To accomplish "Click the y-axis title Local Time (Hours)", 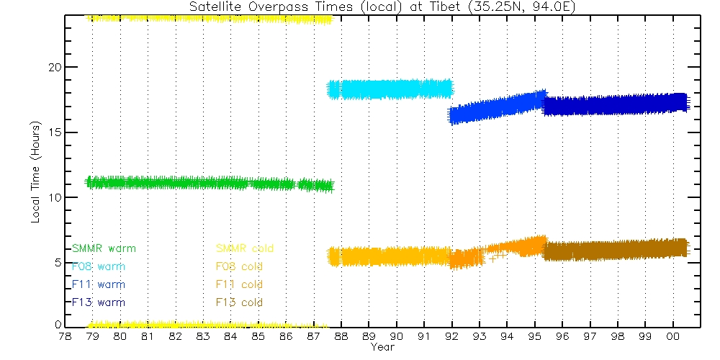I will (x=35, y=172).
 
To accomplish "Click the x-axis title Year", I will (x=382, y=347).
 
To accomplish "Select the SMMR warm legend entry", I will (x=104, y=248).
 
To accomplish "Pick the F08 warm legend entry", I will (x=99, y=266).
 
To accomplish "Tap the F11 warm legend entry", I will (x=99, y=284).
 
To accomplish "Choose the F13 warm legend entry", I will (x=99, y=302).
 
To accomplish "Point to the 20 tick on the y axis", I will (x=53, y=67).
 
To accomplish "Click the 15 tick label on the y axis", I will (x=53, y=132).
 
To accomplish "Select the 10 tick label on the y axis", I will (x=53, y=197).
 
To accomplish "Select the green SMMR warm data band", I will (x=180, y=183).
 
